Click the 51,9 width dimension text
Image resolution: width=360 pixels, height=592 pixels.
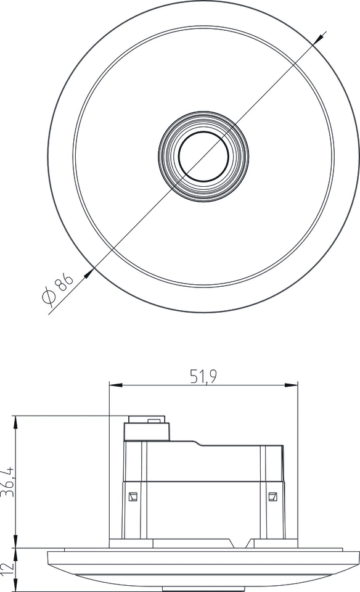pos(203,377)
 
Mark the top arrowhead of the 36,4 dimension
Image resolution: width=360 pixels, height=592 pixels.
pos(17,421)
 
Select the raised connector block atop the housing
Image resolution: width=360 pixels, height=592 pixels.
pos(146,430)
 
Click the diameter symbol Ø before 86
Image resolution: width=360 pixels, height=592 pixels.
pos(50,297)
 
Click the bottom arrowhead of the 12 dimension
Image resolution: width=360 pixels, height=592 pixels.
pos(17,587)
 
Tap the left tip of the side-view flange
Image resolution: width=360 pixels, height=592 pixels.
pos(49,558)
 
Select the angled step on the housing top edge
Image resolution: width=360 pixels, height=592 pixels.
pos(199,443)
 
